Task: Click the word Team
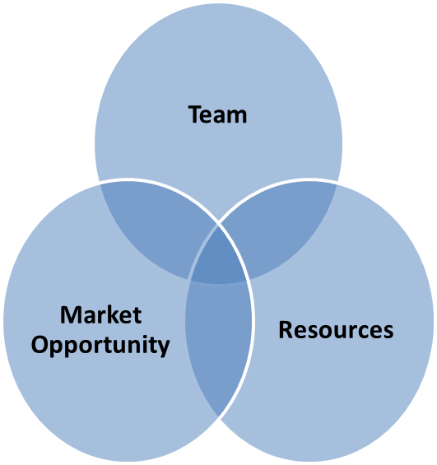point(217,114)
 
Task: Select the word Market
point(100,314)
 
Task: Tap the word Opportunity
point(100,346)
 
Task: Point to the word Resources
point(336,330)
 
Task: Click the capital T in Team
point(195,114)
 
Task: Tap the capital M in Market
point(71,314)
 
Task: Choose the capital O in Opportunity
point(40,344)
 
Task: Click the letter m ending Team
point(237,117)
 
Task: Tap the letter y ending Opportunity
point(163,348)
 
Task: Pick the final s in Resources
point(388,332)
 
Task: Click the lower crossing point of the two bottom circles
point(219,416)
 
